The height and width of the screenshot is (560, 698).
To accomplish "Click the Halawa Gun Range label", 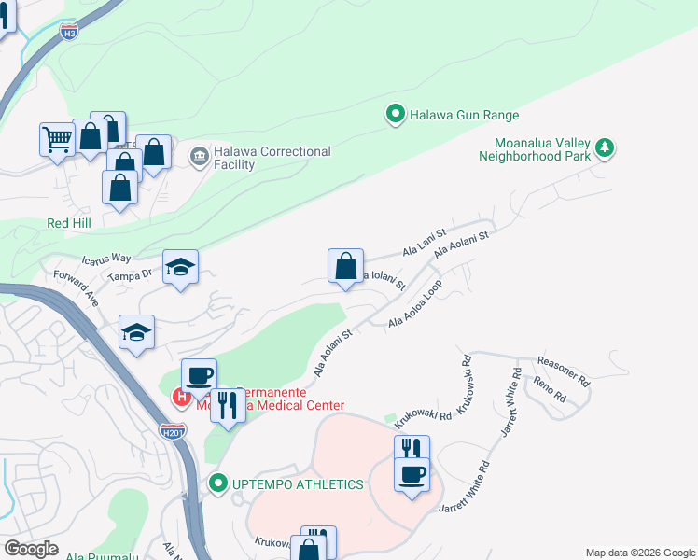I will (464, 116).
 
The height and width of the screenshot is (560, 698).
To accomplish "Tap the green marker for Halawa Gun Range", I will (395, 115).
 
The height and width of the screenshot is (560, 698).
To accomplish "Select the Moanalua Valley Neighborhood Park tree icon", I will (605, 147).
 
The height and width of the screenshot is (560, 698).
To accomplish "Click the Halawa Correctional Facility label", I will (272, 158).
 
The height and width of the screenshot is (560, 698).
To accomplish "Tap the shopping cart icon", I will (57, 140).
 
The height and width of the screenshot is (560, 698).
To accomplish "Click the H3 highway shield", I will (69, 34).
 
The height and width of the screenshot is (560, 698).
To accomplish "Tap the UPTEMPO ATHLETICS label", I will (298, 483).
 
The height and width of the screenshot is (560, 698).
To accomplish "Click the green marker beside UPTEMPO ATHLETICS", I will (218, 483).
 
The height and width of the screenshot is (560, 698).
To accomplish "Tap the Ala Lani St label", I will (425, 246).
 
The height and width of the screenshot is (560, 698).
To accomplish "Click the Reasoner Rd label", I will (564, 370).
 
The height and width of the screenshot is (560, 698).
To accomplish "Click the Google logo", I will (31, 549).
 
